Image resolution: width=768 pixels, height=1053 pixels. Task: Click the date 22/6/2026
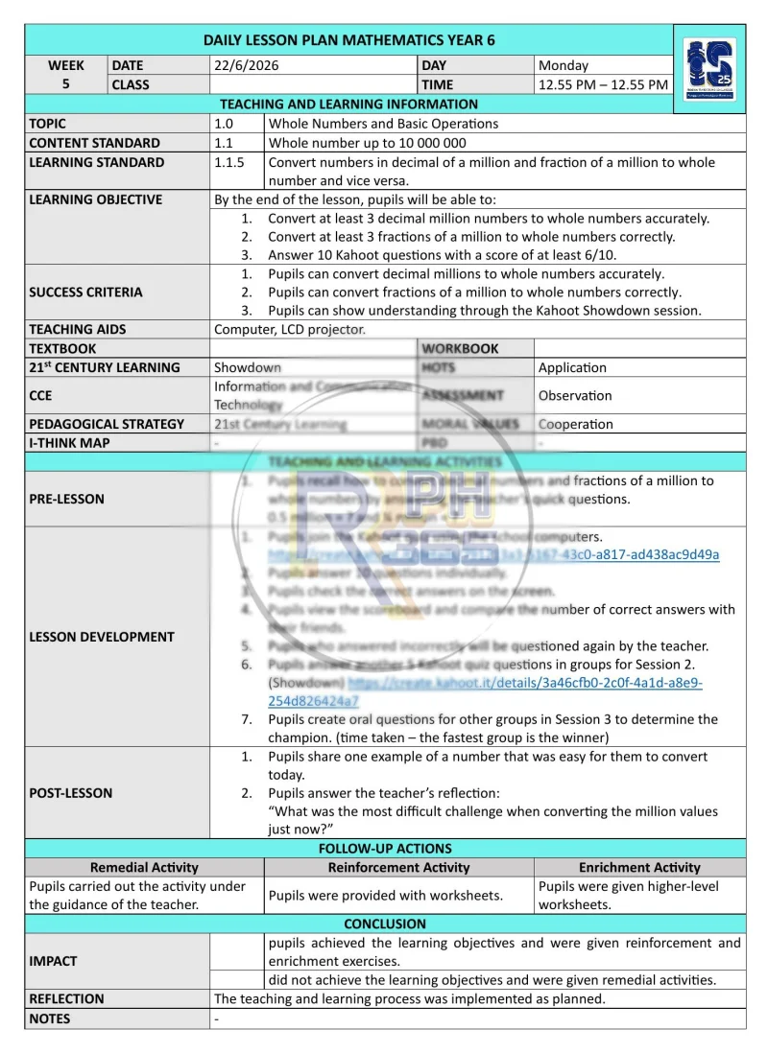tap(247, 66)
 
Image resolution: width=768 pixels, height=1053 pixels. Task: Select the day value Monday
tap(564, 66)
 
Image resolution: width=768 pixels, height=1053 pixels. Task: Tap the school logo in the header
tap(708, 70)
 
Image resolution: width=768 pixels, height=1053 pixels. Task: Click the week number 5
tap(66, 84)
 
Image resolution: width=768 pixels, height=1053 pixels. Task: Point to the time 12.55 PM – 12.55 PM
tap(603, 84)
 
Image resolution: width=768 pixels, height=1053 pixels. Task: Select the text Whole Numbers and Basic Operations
tap(383, 124)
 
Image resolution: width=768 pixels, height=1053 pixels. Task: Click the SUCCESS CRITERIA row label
tap(85, 292)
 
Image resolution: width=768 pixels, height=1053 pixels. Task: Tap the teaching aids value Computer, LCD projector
tap(290, 329)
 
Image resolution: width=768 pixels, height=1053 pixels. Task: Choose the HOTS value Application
tap(572, 367)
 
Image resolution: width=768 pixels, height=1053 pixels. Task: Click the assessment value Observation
tap(575, 395)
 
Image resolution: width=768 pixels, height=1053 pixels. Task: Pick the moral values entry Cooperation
tap(576, 424)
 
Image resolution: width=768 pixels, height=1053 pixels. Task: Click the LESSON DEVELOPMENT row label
tap(102, 637)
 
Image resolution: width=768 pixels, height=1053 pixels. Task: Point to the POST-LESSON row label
tap(70, 793)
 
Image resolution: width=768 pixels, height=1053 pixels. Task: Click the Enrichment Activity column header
tap(639, 867)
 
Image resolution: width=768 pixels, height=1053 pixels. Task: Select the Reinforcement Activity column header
tap(398, 867)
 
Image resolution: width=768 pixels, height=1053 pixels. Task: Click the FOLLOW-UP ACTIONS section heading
tap(385, 848)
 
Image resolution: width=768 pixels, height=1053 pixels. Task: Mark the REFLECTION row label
tap(66, 998)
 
